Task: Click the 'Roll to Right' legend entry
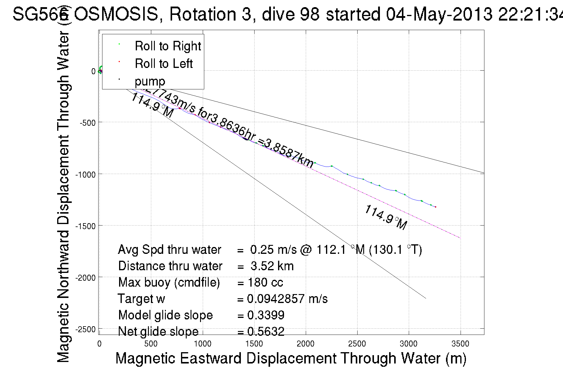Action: click(x=168, y=46)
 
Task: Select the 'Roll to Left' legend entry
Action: click(x=163, y=64)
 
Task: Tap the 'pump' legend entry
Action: click(x=150, y=81)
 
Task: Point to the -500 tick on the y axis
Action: click(x=88, y=123)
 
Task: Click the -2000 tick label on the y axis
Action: click(x=85, y=278)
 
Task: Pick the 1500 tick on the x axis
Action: click(x=254, y=344)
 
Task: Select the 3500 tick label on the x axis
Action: click(x=460, y=344)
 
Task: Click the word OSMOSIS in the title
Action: click(x=116, y=14)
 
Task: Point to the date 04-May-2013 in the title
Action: click(x=439, y=14)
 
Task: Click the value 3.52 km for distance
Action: click(x=272, y=266)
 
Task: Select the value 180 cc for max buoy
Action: click(x=265, y=282)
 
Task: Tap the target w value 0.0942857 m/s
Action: click(x=287, y=299)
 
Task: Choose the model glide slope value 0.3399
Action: click(x=266, y=315)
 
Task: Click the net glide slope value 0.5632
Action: click(x=266, y=331)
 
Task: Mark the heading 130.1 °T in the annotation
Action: click(x=395, y=250)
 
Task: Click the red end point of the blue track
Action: click(x=436, y=207)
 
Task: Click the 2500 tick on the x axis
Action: click(x=357, y=344)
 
